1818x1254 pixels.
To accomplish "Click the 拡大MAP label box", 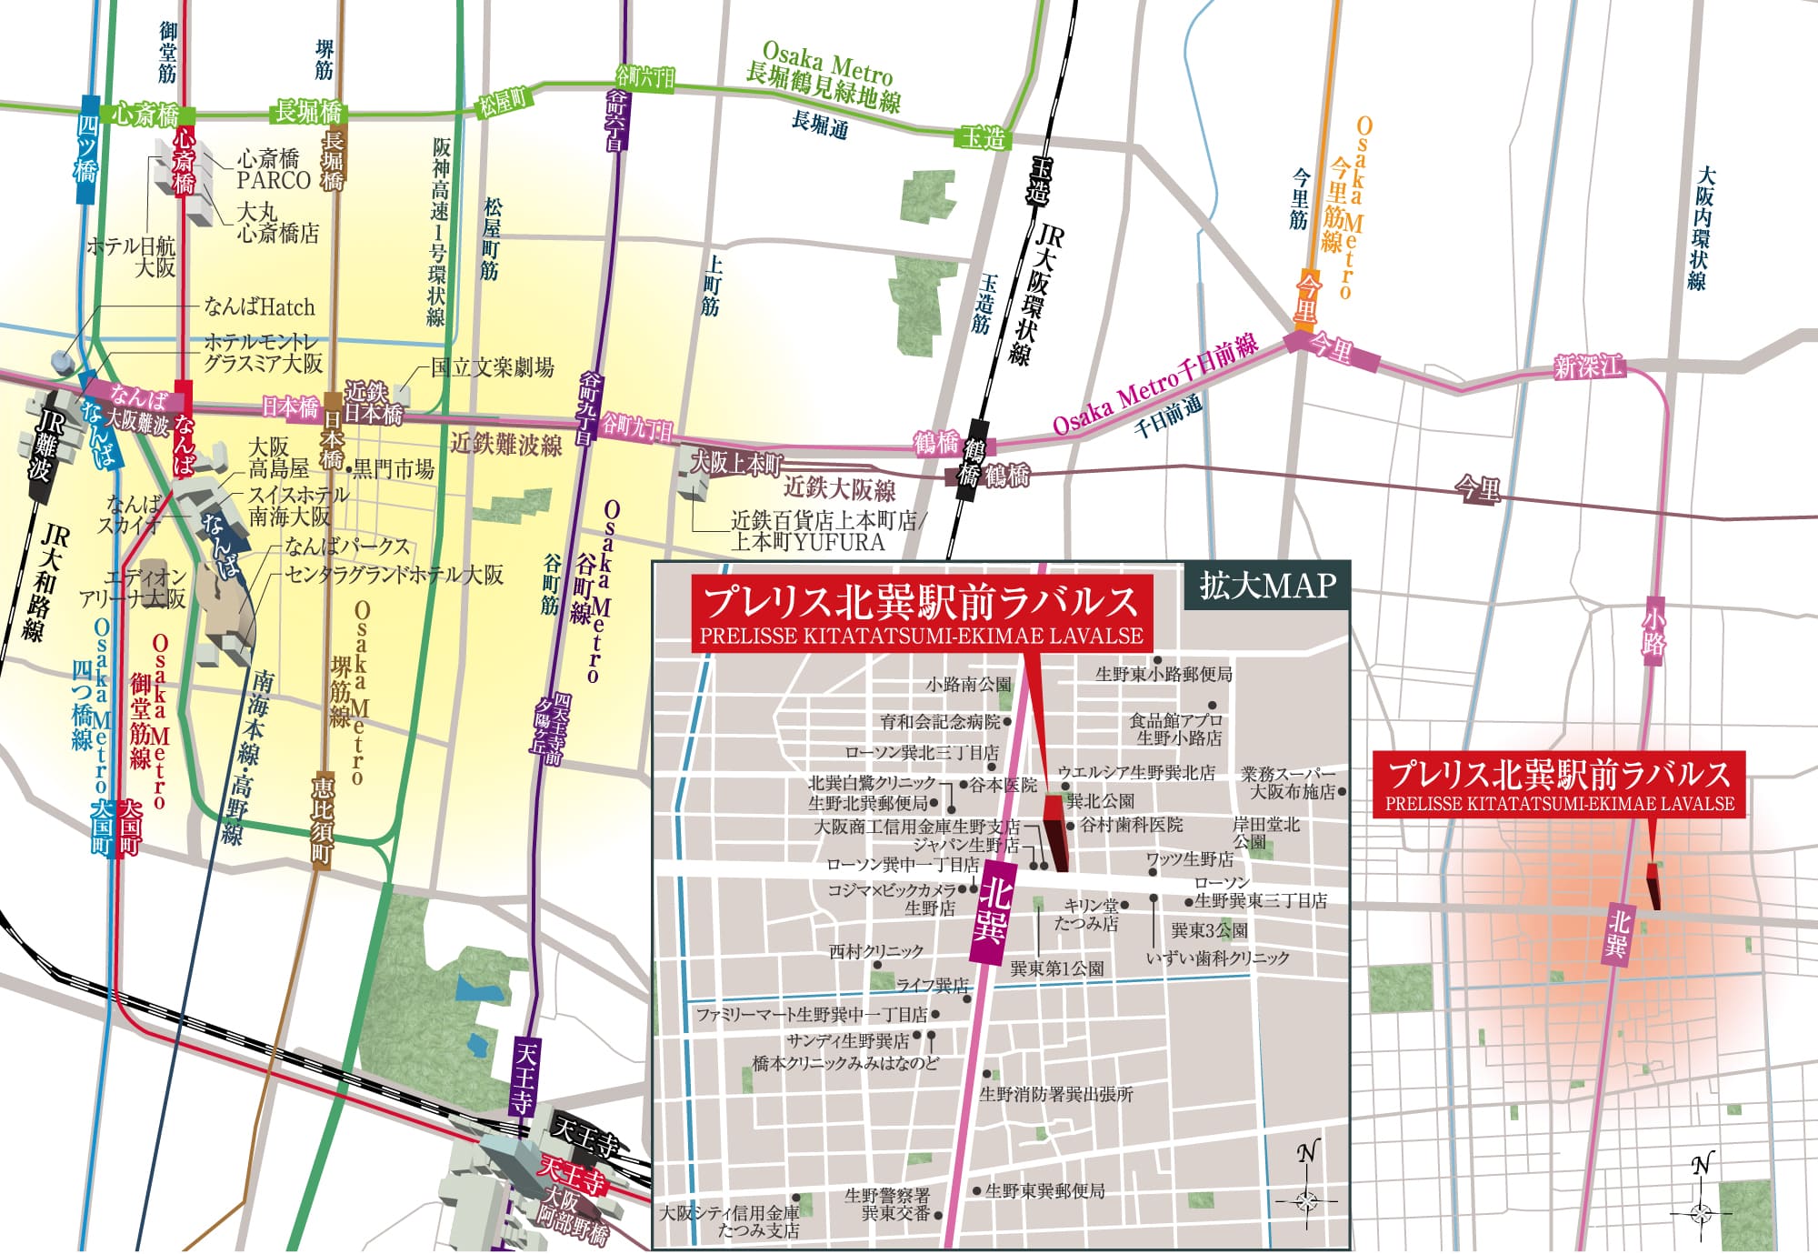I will coord(1267,586).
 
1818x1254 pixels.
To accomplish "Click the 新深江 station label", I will coord(1588,366).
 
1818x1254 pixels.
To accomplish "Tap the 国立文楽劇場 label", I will coord(492,367).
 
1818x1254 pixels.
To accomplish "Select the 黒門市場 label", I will coord(393,469).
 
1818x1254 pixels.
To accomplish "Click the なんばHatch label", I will coord(259,306).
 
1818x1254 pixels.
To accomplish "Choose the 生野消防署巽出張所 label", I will coord(1056,1094).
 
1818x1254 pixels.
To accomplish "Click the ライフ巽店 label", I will coord(932,986).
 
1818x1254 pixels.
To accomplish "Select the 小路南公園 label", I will coord(968,684).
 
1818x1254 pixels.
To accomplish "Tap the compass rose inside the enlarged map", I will coord(1306,1200).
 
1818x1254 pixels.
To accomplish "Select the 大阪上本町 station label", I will coord(735,463).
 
